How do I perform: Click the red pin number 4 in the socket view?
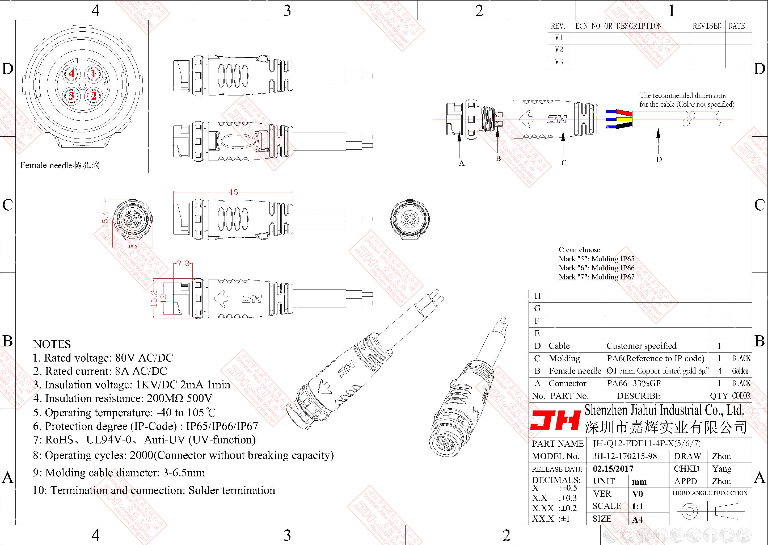71,73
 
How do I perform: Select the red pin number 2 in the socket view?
94,96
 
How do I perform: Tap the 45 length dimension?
233,192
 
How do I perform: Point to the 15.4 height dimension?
105,219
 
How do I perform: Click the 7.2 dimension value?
183,263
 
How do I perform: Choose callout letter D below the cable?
659,160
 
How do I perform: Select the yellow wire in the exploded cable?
626,119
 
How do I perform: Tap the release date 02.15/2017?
613,469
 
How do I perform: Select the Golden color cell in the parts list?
740,371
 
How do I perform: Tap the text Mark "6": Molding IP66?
596,268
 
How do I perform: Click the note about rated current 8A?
100,371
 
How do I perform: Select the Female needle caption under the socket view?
60,165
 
